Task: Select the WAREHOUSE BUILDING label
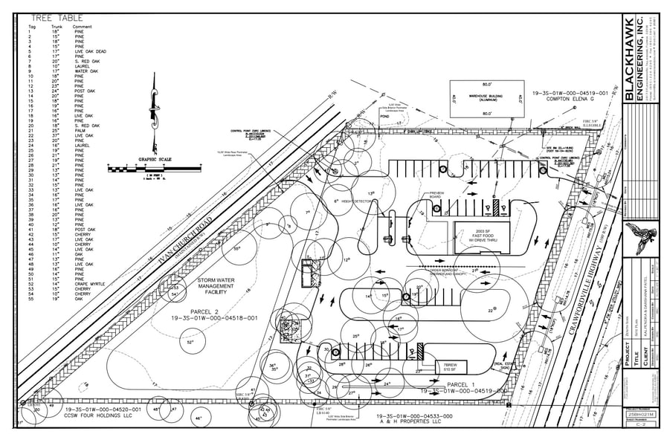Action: (x=486, y=97)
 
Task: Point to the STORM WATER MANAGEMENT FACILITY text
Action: (x=215, y=287)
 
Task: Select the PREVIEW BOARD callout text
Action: (x=436, y=195)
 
